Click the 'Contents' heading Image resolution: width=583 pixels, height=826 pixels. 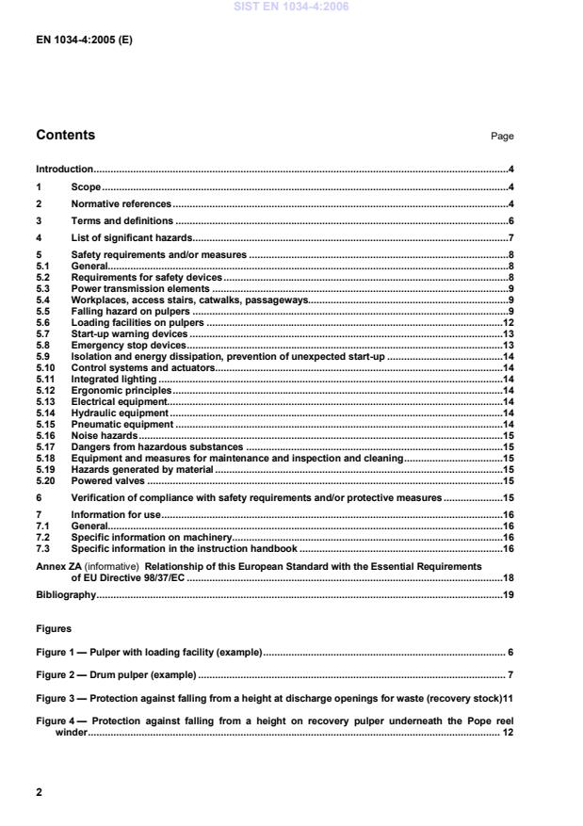(x=65, y=135)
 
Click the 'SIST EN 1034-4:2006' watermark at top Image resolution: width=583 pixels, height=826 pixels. (x=291, y=8)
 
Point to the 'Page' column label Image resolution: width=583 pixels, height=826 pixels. (x=502, y=137)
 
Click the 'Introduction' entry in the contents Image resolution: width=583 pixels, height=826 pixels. (x=64, y=170)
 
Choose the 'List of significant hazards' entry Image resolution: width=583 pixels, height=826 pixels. (x=131, y=237)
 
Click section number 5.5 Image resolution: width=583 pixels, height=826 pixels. (x=42, y=311)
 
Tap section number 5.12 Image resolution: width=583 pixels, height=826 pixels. (x=44, y=389)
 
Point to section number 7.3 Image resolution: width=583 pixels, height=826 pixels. (x=42, y=547)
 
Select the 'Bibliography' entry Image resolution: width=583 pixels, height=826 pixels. (x=66, y=595)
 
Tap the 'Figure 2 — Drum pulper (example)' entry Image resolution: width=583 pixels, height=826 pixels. (x=116, y=675)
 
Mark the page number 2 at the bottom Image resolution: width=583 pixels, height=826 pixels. (x=39, y=792)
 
